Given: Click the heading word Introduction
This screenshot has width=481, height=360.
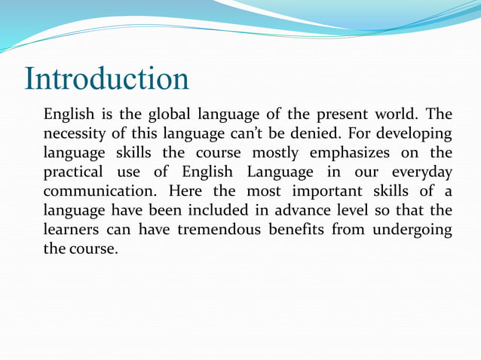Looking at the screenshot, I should [x=106, y=79].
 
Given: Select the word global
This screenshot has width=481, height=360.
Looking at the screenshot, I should [x=169, y=115].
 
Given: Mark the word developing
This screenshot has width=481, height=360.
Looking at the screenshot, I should [x=412, y=134].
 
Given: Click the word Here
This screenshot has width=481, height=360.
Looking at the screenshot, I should [x=185, y=191].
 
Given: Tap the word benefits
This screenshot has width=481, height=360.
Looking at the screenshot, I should [x=296, y=229].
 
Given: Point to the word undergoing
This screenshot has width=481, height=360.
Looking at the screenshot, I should [x=410, y=230].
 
